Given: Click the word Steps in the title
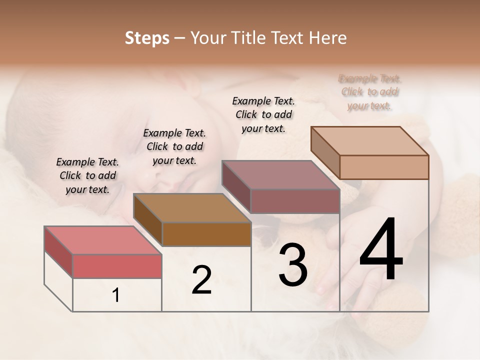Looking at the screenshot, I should (x=147, y=38).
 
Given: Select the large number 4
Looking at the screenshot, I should (x=381, y=250).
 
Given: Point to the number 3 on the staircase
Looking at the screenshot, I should (x=293, y=265).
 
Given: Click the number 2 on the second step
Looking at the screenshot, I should (x=201, y=280).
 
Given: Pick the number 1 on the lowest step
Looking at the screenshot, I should (x=116, y=295).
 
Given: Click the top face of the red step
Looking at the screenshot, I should (x=103, y=240).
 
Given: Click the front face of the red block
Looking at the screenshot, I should (x=117, y=266).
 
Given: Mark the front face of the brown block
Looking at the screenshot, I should (x=206, y=234).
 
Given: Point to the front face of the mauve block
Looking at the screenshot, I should (x=295, y=201).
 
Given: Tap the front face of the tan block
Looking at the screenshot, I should (x=384, y=167).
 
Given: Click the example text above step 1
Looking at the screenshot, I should (x=87, y=175).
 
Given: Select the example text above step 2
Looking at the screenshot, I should (x=174, y=146).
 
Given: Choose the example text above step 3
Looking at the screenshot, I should (x=263, y=114).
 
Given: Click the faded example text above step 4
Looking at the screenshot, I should (x=370, y=92).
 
